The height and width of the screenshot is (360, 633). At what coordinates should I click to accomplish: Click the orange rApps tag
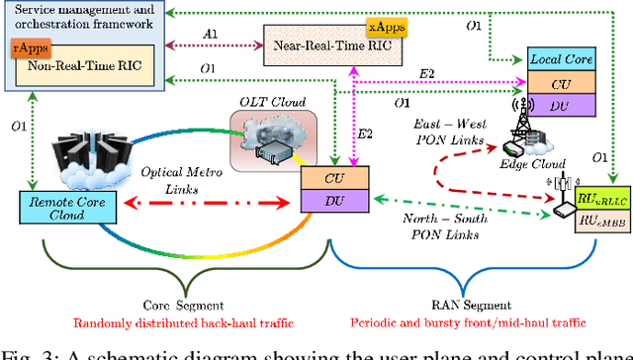click(x=27, y=46)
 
